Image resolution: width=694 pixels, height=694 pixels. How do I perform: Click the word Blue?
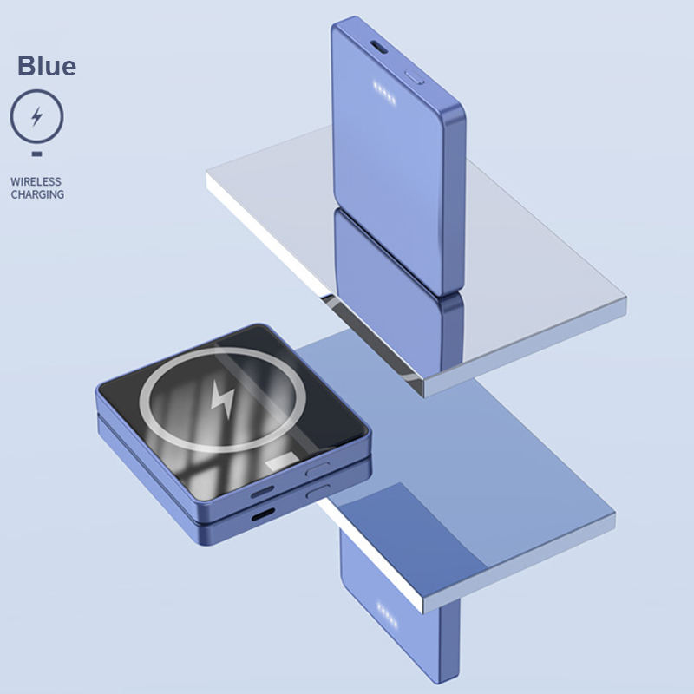coord(47,65)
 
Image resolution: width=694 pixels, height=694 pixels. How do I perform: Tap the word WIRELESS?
coord(36,182)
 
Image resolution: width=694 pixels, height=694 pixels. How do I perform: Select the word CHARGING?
coord(37,195)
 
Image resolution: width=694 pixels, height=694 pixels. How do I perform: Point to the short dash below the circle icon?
coord(36,154)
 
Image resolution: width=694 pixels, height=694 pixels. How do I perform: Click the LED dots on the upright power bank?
coord(383,91)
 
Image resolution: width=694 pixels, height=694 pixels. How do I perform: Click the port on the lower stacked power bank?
coord(260,514)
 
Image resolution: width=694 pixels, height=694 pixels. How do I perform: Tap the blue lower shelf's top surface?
coord(486,451)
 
